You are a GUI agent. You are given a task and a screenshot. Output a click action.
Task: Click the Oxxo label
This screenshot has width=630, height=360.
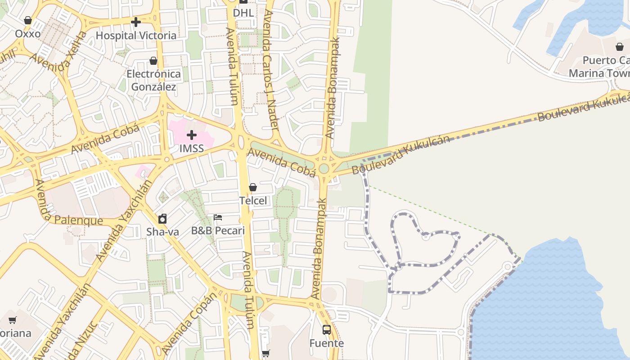tap(28, 34)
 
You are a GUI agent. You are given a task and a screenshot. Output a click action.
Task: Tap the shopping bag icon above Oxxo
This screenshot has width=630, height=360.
tap(28, 21)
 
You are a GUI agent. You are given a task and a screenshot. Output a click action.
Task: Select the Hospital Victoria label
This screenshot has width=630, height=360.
tap(136, 36)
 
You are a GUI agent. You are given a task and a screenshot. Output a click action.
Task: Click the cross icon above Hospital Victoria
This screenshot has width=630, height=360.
tap(136, 22)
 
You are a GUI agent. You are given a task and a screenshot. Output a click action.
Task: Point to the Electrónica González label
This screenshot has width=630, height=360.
tap(153, 80)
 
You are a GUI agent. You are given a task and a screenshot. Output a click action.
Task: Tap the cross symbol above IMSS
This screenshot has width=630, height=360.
tap(192, 135)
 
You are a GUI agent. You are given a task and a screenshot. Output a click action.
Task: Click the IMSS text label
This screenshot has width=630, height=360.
tap(192, 148)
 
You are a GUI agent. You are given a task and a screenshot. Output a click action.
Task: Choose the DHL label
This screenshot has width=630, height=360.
tap(243, 13)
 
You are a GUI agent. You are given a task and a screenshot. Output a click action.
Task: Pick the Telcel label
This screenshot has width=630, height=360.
tap(253, 201)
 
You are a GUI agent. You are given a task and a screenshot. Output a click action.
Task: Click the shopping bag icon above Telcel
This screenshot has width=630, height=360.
tap(253, 187)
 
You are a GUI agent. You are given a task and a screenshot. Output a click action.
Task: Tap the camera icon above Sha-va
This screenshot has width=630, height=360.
tap(162, 219)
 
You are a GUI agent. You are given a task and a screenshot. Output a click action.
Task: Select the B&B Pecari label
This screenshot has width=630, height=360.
tap(218, 231)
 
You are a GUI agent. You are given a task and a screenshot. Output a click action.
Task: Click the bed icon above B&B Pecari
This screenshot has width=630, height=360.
tap(218, 218)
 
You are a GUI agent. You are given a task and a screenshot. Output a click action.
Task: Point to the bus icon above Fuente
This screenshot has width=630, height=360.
tap(327, 330)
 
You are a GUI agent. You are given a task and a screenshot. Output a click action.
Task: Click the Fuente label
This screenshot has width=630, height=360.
tap(327, 343)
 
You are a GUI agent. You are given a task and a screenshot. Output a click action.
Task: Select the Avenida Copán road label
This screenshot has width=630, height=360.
tap(189, 323)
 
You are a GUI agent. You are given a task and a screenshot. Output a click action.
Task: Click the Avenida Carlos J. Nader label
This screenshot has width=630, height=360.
tap(271, 70)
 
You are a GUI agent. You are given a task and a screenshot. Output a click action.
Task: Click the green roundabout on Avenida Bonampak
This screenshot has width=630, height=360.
tap(324, 169)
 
